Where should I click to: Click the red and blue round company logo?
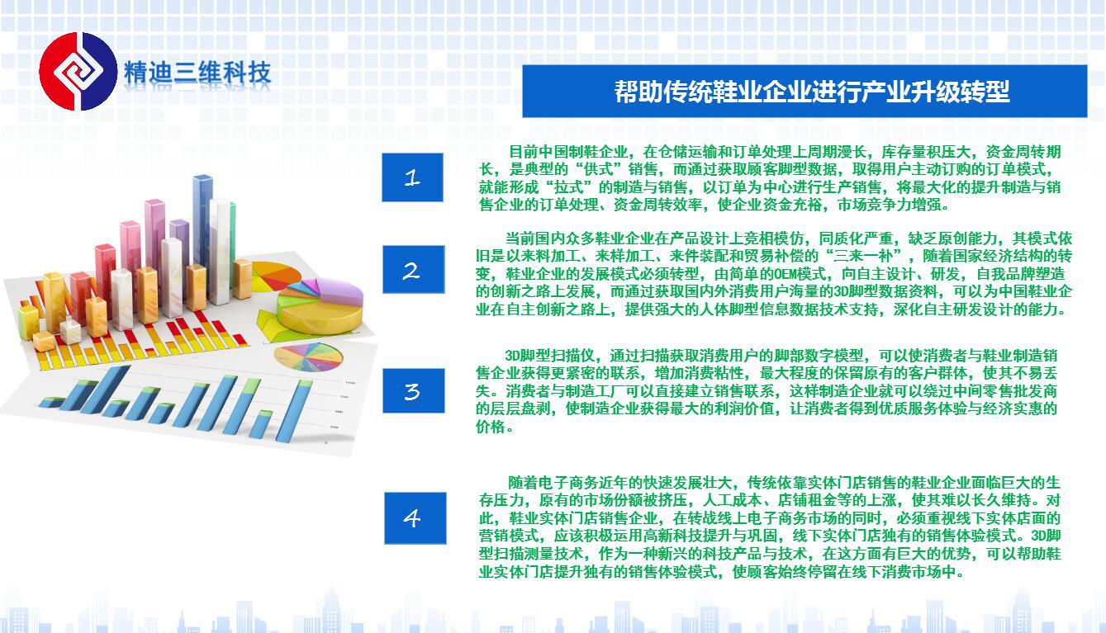point(78,72)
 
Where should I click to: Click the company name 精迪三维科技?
point(197,73)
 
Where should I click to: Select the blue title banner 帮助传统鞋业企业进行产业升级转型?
point(805,92)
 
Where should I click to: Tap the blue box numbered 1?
point(412,177)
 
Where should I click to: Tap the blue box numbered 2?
point(413,269)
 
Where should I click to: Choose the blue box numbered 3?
point(413,390)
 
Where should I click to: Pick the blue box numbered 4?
point(415,518)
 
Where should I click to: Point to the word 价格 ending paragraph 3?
point(491,427)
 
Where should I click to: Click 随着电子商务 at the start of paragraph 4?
point(553,482)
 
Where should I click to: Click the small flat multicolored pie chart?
point(308,357)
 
